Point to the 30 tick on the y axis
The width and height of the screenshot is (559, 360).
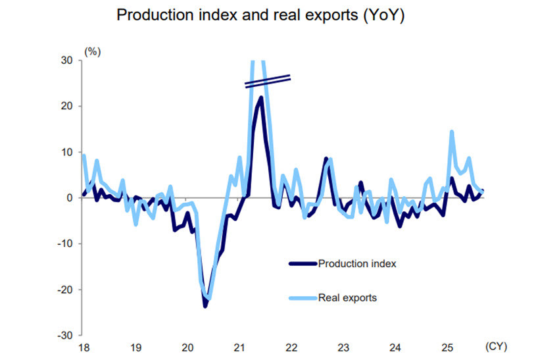point(67,60)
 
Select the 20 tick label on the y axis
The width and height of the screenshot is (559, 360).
point(67,106)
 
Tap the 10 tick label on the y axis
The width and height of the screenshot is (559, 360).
point(67,152)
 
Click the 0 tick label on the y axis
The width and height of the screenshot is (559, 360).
point(70,197)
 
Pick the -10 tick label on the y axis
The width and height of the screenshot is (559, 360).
point(65,244)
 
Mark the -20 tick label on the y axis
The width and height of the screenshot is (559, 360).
point(65,290)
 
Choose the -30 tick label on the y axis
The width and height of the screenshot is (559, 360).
point(65,336)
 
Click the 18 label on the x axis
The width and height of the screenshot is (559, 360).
point(83,347)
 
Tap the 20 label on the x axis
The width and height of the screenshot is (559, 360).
point(187,347)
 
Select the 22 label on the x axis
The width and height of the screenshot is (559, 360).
point(291,347)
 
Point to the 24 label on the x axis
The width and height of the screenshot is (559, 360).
point(395,347)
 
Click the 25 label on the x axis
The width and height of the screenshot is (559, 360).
point(447,347)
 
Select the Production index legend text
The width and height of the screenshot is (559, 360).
point(356,264)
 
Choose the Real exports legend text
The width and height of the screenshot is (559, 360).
point(347,297)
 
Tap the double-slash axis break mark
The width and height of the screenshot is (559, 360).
point(268,81)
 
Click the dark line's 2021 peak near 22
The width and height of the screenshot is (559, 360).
point(261,97)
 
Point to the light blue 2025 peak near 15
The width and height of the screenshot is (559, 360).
point(452,132)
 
